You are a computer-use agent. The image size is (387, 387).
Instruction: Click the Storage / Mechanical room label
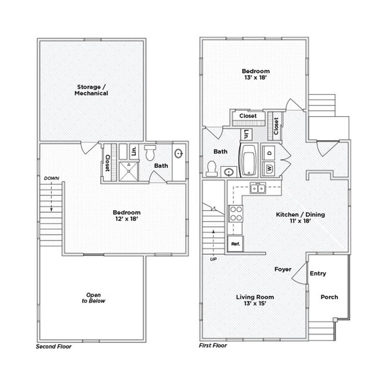91,90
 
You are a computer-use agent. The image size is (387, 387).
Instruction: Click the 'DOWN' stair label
51,178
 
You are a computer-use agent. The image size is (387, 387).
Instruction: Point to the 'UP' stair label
213,259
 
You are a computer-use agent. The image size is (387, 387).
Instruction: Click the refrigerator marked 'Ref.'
235,244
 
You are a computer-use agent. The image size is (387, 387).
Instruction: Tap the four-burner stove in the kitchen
236,213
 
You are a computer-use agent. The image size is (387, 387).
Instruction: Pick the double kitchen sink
258,189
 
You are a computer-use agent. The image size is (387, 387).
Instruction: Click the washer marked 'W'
269,168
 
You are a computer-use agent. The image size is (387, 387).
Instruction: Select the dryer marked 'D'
269,152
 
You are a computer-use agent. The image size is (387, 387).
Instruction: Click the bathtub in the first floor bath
248,160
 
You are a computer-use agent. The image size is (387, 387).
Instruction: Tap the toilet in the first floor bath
211,169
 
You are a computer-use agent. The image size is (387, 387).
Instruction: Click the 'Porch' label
329,297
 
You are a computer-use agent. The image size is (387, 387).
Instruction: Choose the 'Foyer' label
283,269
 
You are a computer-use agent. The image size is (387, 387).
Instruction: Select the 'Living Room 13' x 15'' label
255,299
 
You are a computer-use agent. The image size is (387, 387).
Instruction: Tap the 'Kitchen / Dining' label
300,218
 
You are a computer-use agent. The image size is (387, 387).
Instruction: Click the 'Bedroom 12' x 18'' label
127,216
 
